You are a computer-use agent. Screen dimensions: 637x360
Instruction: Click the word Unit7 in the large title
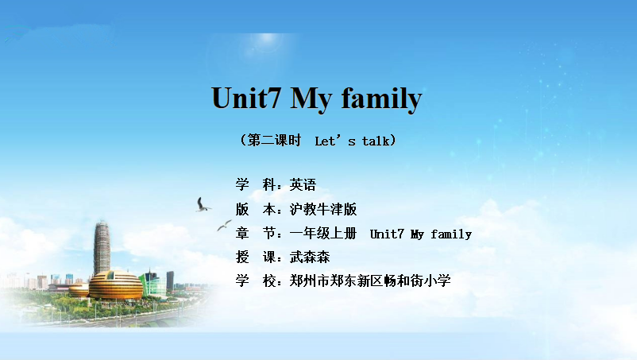pos(245,98)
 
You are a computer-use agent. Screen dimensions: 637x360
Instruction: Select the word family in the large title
pos(381,99)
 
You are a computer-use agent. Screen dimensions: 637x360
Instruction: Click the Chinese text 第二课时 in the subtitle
pos(274,140)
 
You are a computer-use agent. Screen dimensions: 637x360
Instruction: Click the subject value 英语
pos(303,185)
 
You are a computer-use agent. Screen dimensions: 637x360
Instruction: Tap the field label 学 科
pos(256,185)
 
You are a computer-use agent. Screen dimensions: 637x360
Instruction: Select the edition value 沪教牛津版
pos(323,209)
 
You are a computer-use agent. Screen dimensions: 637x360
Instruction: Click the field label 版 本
pos(256,209)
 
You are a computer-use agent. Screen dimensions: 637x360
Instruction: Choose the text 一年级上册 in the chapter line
pos(323,233)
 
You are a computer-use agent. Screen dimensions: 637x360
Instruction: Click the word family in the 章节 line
pos(451,234)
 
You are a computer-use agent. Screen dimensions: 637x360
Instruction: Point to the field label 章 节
pos(256,233)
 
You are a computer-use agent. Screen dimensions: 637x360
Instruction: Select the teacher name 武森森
pos(310,257)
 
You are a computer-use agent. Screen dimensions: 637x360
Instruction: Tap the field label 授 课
pos(256,257)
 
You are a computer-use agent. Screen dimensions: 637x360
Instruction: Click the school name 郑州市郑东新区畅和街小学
pos(370,281)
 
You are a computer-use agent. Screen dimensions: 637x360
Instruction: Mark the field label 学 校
pos(256,281)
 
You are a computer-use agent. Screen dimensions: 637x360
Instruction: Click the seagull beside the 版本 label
pos(203,205)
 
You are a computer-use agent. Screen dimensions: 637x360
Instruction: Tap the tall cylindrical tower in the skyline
pos(102,248)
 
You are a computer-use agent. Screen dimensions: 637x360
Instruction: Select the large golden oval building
pos(116,285)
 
